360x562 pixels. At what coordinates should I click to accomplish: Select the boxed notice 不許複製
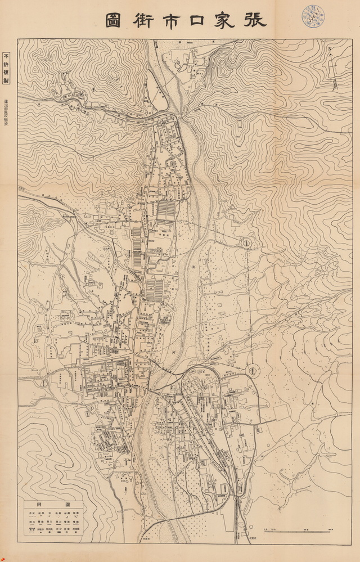7,68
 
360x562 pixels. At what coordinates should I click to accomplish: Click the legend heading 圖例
53,504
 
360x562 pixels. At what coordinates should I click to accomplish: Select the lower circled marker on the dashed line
253,370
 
